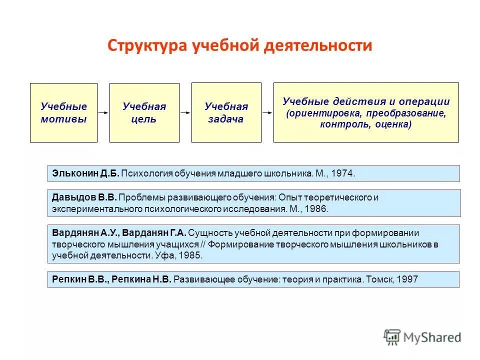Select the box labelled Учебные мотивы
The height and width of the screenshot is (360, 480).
click(63, 112)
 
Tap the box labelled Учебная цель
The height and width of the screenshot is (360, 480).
click(144, 112)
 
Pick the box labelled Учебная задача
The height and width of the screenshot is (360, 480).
click(226, 112)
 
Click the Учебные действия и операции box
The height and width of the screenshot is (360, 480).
click(366, 112)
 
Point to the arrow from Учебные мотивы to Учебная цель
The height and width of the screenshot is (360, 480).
click(103, 113)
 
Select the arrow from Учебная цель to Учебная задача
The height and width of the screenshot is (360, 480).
click(185, 113)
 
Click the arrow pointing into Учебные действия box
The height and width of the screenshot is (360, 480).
click(267, 113)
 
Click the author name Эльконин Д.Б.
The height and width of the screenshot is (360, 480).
click(85, 173)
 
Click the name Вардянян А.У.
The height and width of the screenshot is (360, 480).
click(84, 232)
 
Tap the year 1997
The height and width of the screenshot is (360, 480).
click(406, 279)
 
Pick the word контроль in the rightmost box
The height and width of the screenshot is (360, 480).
click(340, 124)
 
